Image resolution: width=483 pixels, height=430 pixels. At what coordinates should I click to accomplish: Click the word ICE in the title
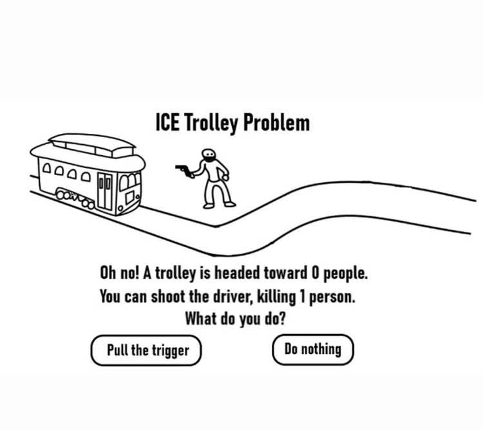pyautogui.click(x=168, y=122)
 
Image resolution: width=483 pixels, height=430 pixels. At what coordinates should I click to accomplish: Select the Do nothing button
pyautogui.click(x=312, y=350)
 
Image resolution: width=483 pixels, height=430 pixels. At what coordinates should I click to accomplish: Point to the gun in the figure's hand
pyautogui.click(x=184, y=169)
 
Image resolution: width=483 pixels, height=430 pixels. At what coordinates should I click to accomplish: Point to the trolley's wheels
pyautogui.click(x=74, y=198)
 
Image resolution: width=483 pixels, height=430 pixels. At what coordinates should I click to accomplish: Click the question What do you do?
pyautogui.click(x=235, y=318)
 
